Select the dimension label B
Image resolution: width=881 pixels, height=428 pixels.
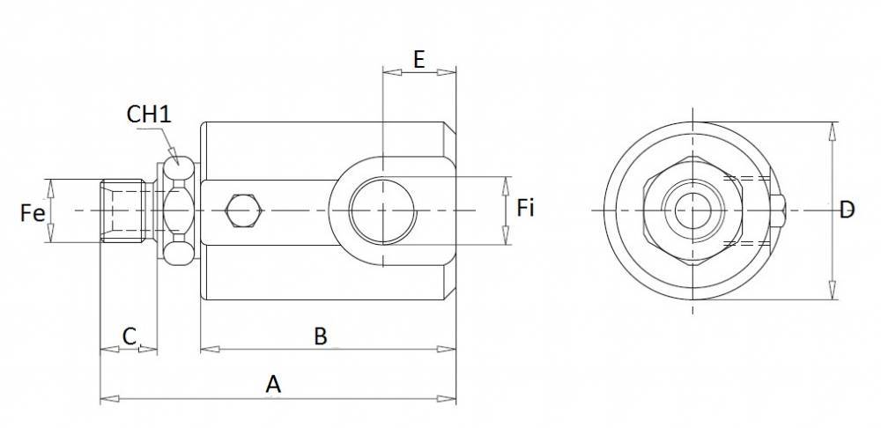point(321,336)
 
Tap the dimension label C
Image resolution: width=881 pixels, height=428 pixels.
point(129,336)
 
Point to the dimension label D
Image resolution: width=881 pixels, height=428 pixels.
point(847,210)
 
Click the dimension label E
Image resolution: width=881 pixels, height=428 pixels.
point(419,60)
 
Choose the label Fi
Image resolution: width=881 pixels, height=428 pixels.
point(526,209)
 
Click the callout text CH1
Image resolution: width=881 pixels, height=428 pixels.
point(148,114)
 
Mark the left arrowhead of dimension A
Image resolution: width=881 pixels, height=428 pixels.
point(106,400)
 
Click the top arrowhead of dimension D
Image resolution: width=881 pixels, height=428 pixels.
point(833,129)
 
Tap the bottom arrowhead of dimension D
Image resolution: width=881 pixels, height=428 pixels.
point(833,294)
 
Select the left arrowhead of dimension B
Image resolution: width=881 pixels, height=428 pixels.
point(207,350)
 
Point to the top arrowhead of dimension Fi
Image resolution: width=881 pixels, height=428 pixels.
point(506,183)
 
